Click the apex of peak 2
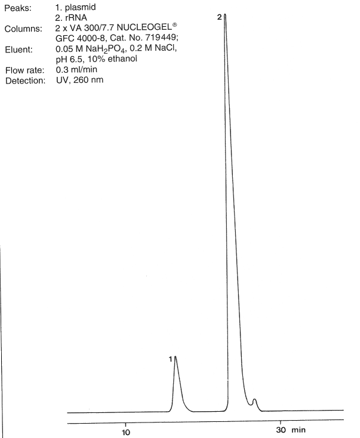coord(225,14)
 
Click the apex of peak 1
coord(176,356)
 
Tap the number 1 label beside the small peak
coord(171,359)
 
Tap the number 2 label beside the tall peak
coord(220,17)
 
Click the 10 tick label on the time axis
coord(126,433)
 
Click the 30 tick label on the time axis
coord(281,430)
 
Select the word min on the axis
coord(299,430)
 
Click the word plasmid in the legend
coord(81,7)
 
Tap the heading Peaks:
coord(18,8)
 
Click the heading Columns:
coord(23,29)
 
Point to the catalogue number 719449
coord(162,38)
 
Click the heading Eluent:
coord(19,50)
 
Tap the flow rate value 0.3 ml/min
coord(76,70)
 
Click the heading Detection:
coord(26,81)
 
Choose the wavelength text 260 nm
coord(88,80)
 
